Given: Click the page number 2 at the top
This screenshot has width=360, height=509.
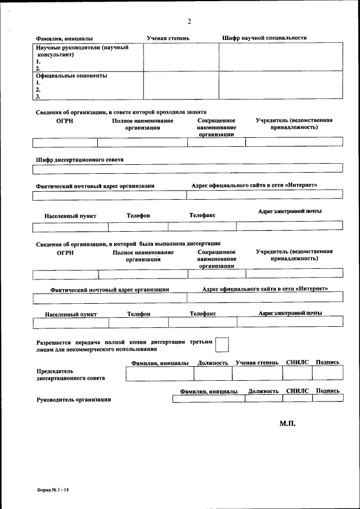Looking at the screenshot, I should tap(190, 22).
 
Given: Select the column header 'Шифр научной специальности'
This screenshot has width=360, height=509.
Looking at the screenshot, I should tap(264, 38).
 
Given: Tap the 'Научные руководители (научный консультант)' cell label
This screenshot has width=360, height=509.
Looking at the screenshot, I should tap(82, 51).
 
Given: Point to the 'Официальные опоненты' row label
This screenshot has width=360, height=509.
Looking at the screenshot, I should tap(71, 75).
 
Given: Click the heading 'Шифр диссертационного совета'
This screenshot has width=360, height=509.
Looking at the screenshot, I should tap(79, 159).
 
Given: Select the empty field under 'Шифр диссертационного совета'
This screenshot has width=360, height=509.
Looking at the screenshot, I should tap(187, 169).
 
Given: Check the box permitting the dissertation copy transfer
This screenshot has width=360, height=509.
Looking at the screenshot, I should tap(223, 344).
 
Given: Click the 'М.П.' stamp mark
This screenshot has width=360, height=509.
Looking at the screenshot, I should tap(287, 422).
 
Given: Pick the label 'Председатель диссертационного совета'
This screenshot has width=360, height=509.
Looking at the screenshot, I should tap(70, 375).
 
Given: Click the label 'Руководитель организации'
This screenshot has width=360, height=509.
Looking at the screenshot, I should tap(73, 399).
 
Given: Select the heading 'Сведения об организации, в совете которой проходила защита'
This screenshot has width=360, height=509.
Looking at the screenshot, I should tap(121, 112).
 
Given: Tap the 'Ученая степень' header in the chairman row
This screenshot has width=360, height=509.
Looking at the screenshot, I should tap(256, 363).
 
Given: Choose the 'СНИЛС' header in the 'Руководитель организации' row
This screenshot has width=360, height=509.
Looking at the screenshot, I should tap(298, 390).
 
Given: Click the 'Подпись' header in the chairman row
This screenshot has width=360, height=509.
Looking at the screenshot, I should tap(327, 363).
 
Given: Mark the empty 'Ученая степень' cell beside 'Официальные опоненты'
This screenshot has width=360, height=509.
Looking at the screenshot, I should tap(181, 85).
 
